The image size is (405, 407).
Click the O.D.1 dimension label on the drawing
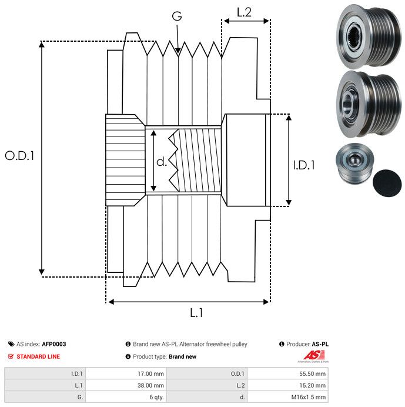(x=20, y=156)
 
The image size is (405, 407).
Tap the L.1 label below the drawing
(x=196, y=313)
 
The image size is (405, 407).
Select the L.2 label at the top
(x=244, y=11)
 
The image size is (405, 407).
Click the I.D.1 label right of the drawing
(x=304, y=166)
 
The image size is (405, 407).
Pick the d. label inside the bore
(x=162, y=162)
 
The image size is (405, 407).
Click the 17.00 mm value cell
(x=146, y=373)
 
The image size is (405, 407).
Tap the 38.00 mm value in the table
(x=146, y=385)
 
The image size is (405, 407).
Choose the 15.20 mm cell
(x=308, y=385)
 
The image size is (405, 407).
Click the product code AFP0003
(x=54, y=344)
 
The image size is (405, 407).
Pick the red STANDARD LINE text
(x=38, y=356)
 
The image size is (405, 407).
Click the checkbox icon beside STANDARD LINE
(x=11, y=356)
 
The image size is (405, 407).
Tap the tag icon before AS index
(x=11, y=344)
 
